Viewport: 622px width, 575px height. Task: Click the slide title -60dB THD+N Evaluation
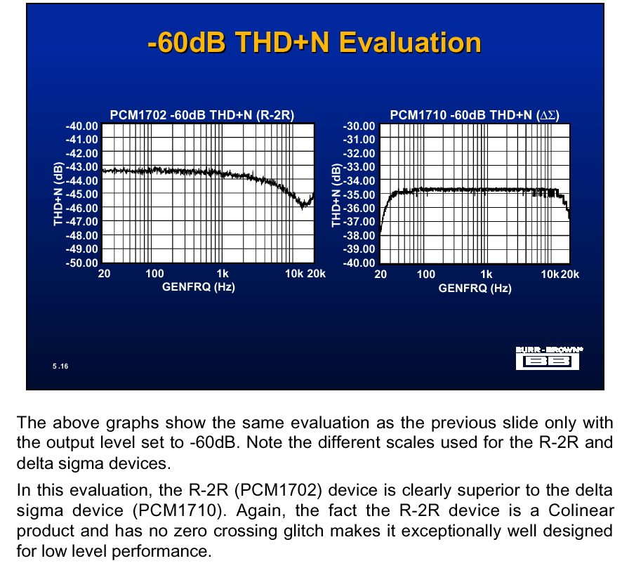315,42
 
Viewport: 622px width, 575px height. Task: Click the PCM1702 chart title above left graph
202,115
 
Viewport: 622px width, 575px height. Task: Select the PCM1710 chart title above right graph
475,115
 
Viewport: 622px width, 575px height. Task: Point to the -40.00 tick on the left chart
81,126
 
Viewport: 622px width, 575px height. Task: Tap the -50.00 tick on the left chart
81,263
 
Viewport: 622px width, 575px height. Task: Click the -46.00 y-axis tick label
81,208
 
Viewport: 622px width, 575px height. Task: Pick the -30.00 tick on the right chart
359,126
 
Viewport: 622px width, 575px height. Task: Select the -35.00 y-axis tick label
359,195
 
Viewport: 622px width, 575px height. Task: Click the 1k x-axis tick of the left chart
223,274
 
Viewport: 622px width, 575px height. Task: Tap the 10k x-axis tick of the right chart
550,275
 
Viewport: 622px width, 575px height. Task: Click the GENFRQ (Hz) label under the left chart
199,287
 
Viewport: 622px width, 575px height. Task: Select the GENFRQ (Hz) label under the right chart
475,288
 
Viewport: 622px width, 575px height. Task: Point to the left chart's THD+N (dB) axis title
58,194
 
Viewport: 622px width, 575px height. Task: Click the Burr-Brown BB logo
548,358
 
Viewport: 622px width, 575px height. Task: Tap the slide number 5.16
60,366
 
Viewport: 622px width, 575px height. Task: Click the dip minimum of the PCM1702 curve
303,206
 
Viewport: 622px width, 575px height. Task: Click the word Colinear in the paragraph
581,510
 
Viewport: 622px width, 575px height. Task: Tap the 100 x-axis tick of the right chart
425,275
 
